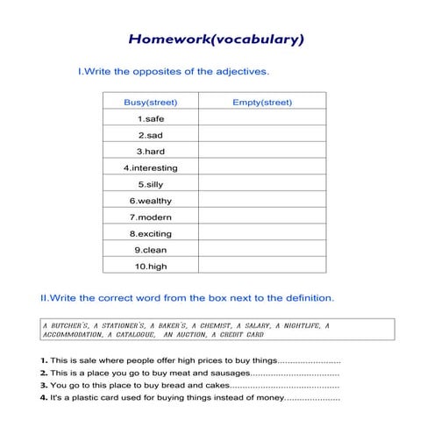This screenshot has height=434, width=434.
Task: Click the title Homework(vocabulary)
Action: point(216,39)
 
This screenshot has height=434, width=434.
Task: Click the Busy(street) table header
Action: point(150,102)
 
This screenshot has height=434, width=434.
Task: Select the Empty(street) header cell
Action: point(262,102)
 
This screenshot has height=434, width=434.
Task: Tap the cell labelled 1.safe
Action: point(150,118)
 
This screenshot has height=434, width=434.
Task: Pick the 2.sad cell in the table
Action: point(150,135)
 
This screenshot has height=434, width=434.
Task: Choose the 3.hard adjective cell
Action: point(150,151)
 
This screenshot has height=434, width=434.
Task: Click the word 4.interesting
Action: point(150,167)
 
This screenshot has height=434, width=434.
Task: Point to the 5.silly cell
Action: point(150,184)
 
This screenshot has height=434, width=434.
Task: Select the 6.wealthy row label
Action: point(150,200)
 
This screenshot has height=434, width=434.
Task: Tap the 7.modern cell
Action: point(150,217)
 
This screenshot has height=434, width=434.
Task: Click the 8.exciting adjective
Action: point(150,233)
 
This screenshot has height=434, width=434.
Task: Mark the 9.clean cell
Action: point(150,249)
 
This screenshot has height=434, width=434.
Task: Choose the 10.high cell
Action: point(150,266)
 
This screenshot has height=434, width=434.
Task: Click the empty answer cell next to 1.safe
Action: point(262,118)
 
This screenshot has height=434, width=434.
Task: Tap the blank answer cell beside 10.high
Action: point(262,266)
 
